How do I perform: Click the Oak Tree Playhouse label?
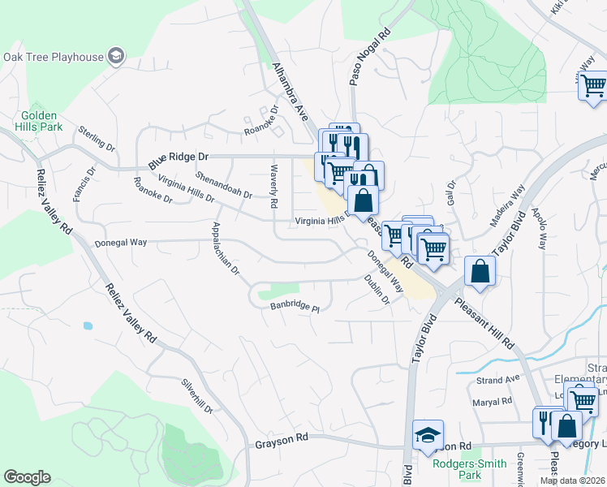pos(54,57)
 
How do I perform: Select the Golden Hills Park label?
pos(42,122)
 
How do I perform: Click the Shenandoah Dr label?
pos(225,184)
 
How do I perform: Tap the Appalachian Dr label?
pos(225,248)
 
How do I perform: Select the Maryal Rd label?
pos(493,401)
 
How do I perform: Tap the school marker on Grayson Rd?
pos(428,435)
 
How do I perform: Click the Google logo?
pos(28,477)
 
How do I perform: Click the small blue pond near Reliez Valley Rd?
pos(88,325)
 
